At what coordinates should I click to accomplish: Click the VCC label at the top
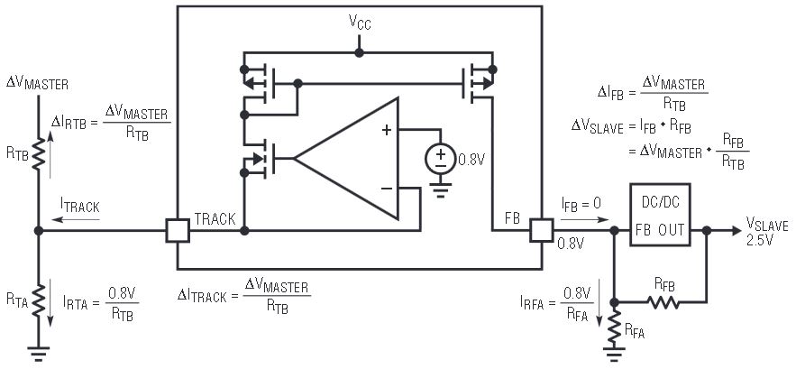coord(359,22)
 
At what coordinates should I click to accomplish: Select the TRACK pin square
coord(178,231)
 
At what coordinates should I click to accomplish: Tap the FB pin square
coord(542,231)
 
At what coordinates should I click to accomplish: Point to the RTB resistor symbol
coord(38,153)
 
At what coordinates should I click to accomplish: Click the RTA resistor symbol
coord(38,297)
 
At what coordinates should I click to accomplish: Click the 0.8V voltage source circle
coord(440,159)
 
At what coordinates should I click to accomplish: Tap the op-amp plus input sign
coord(386,130)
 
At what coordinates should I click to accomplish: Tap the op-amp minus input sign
coord(386,188)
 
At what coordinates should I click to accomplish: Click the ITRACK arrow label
coord(80,208)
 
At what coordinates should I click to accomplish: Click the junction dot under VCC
coord(359,52)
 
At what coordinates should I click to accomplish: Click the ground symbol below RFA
coord(616,357)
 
